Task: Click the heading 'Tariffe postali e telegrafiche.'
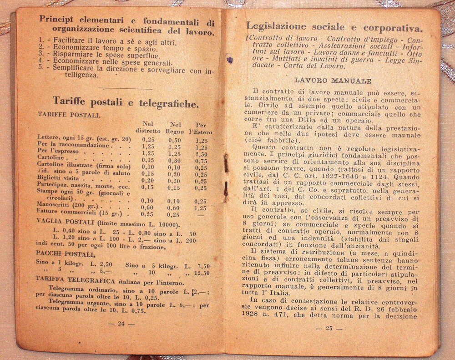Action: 125,103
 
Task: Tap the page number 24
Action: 121,324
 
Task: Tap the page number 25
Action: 330,328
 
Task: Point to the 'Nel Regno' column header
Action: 175,128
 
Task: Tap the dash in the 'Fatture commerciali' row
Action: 201,214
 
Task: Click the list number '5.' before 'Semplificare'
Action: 42,66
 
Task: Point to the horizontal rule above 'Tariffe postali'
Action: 125,88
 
